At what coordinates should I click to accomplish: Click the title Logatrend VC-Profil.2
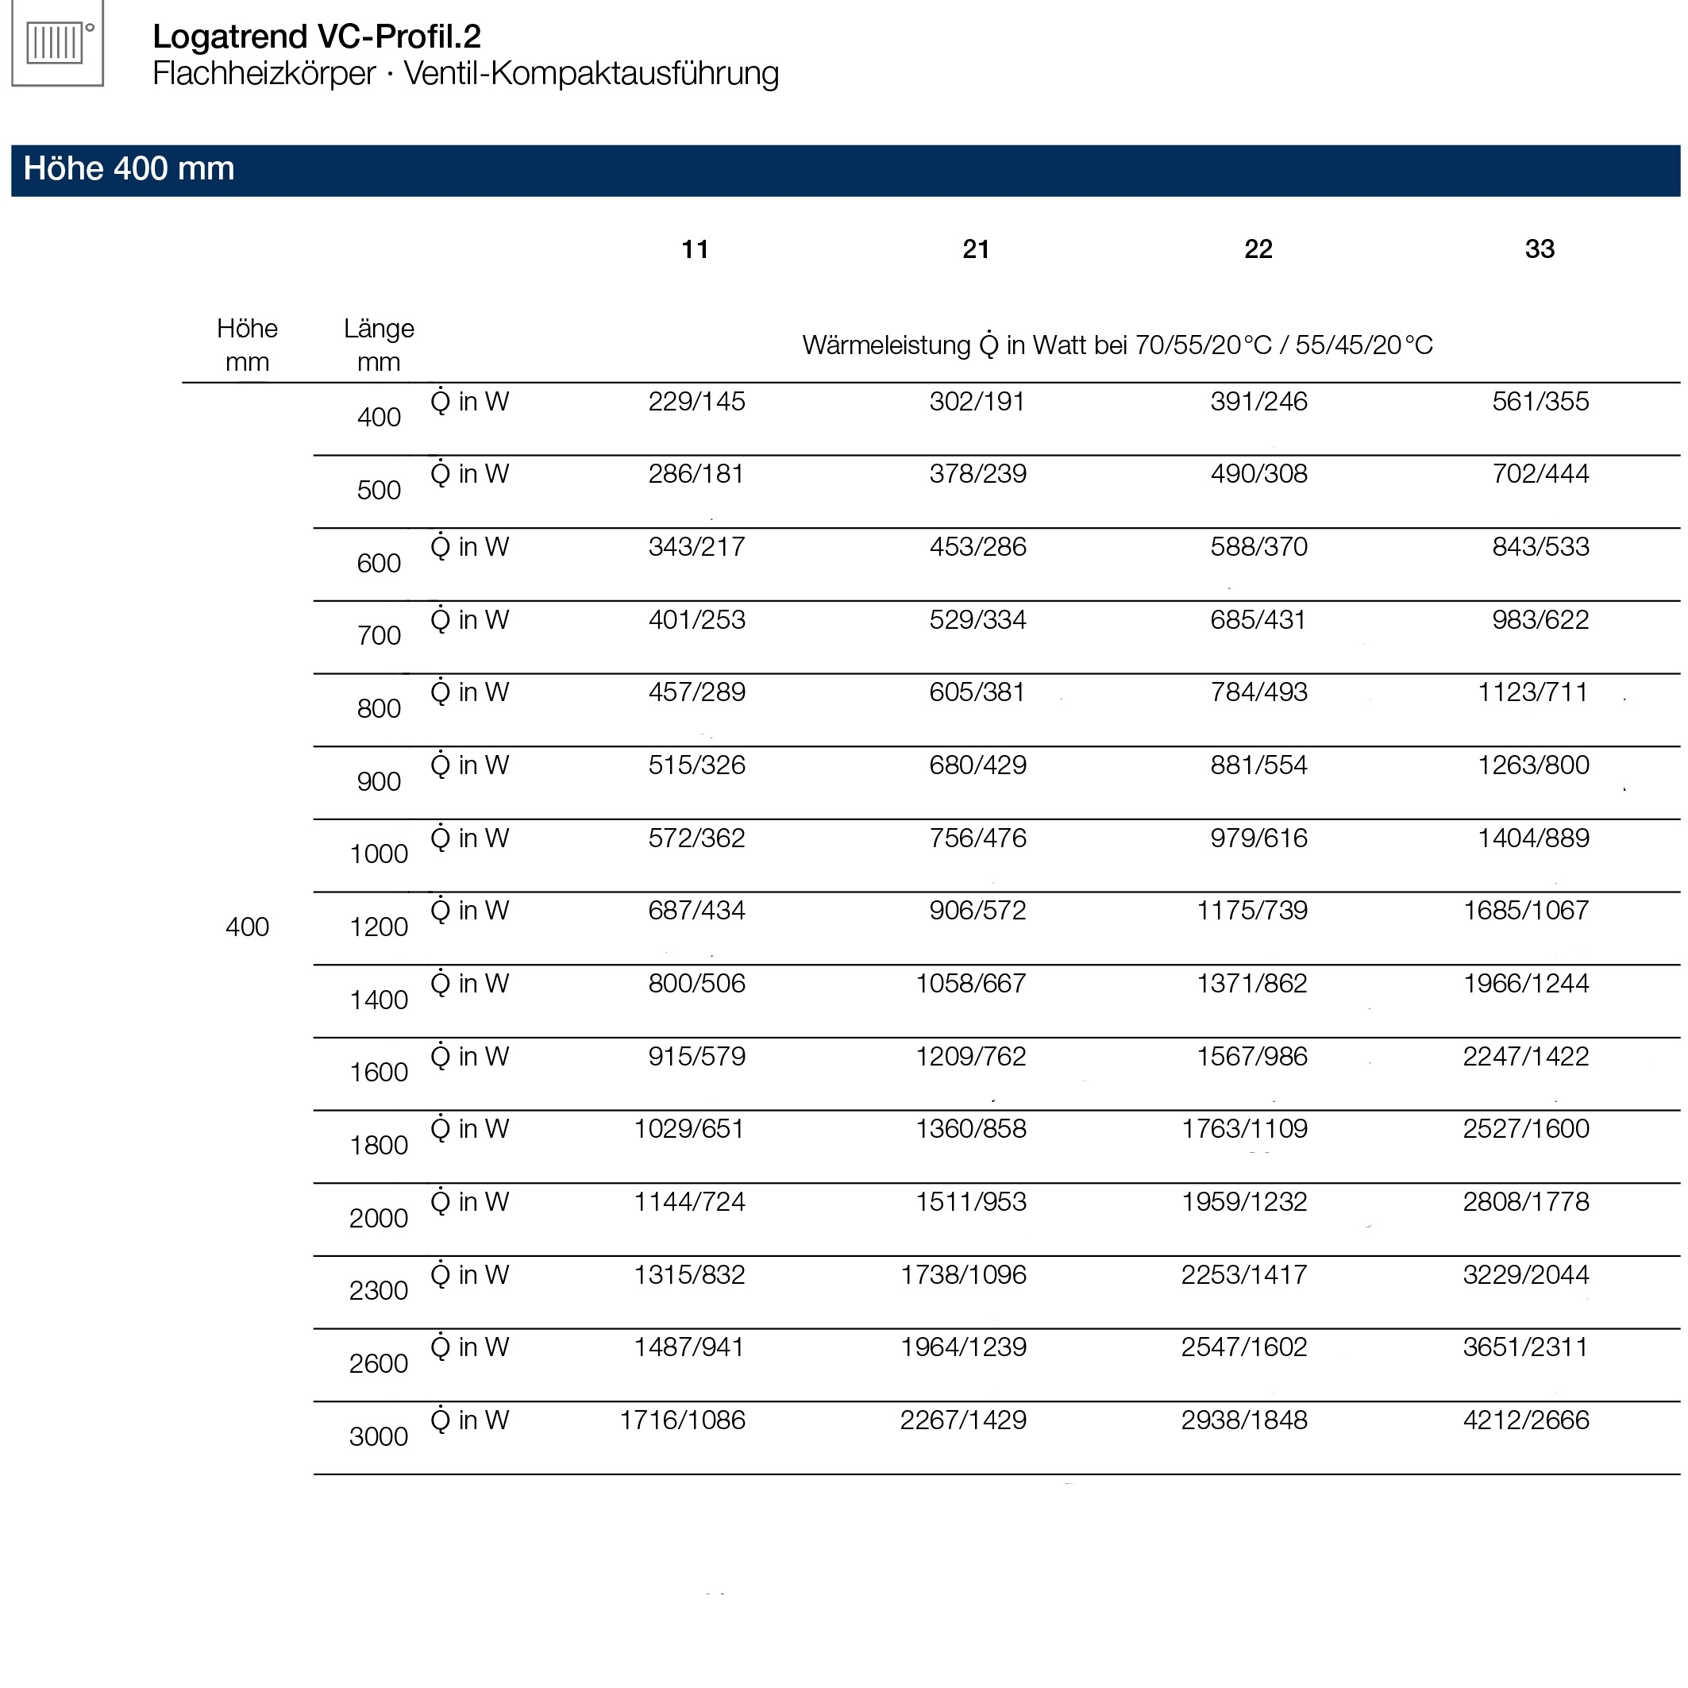point(316,37)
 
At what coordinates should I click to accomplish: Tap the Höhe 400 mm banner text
point(129,168)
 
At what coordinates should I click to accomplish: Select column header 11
point(695,250)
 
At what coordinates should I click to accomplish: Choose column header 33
point(1540,250)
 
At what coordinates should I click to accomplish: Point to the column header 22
point(1258,250)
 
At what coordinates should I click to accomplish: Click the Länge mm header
point(378,345)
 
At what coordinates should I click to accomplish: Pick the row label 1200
point(378,927)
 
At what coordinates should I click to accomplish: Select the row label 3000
point(378,1436)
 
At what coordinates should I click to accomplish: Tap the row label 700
point(378,635)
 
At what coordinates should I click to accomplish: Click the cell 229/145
point(696,402)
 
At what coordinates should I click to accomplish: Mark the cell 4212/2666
point(1525,1420)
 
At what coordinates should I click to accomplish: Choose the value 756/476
point(977,838)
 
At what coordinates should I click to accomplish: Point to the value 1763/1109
point(1244,1129)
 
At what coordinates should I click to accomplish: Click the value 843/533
point(1540,547)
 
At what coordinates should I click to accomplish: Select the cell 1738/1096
point(964,1275)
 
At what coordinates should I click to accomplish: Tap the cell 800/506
point(696,984)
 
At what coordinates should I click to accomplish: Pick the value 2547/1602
point(1244,1347)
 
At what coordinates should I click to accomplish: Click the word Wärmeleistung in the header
point(886,346)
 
